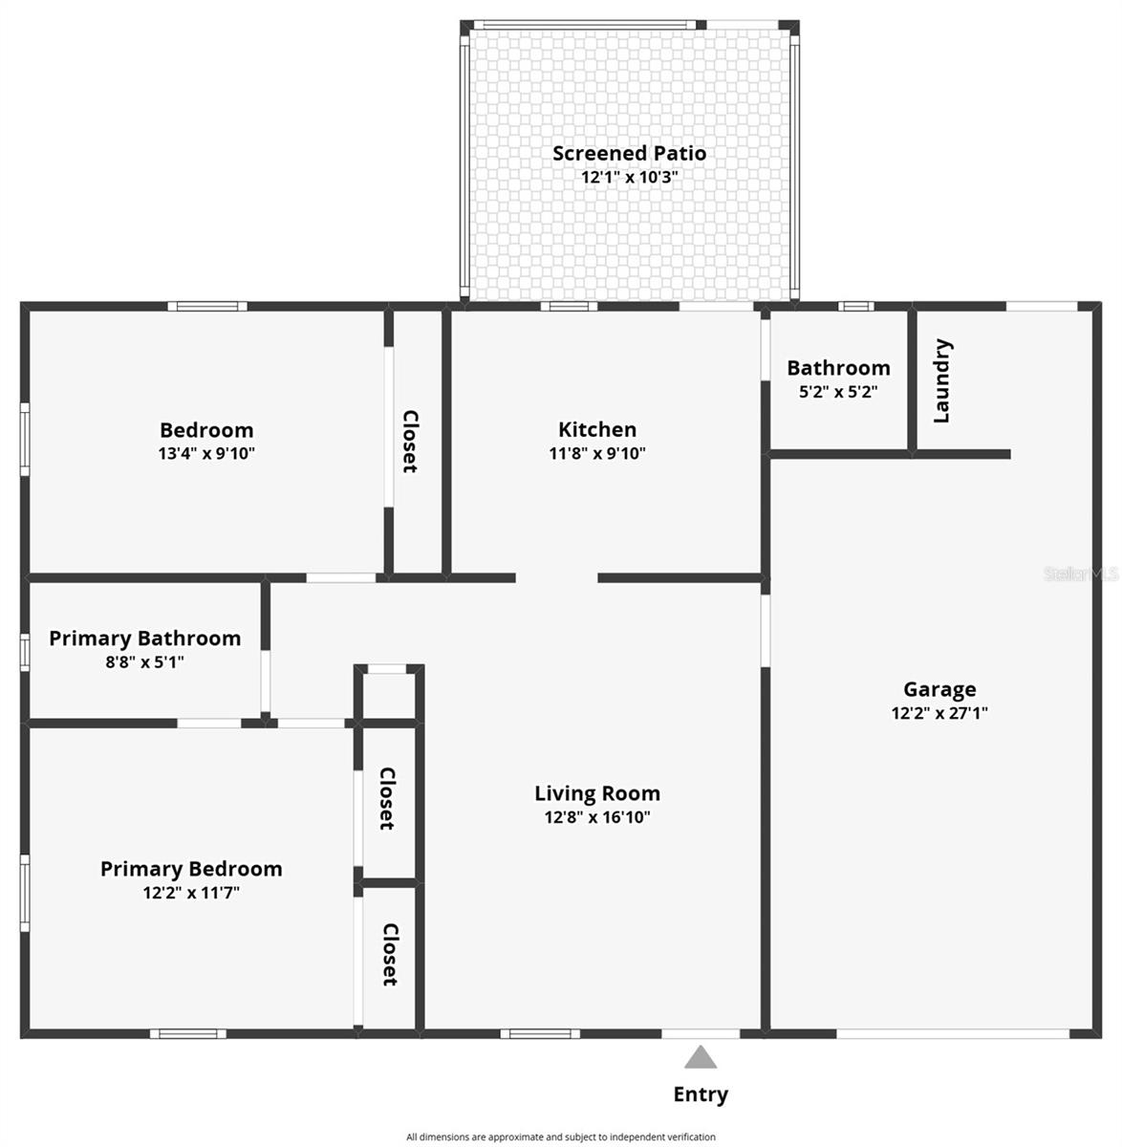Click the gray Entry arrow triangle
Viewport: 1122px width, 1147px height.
coord(701,1057)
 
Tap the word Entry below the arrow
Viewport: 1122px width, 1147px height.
coord(701,1094)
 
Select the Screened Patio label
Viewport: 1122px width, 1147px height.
coord(629,153)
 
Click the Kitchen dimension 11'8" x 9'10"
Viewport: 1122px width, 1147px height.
coord(597,453)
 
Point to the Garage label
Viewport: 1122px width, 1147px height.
coord(939,689)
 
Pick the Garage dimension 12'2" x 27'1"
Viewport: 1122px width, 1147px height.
coord(939,712)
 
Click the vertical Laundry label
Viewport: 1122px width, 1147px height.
coord(941,380)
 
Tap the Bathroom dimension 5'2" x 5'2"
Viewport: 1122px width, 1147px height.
coord(838,391)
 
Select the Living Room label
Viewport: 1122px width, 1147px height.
coord(597,793)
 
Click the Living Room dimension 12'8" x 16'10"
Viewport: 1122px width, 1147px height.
coord(597,817)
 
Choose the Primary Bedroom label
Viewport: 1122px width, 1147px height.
coord(191,869)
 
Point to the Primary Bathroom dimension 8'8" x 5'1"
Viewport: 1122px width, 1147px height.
coord(145,661)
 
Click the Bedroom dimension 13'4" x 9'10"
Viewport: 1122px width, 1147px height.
coord(206,453)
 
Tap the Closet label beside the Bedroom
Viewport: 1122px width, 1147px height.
coord(410,442)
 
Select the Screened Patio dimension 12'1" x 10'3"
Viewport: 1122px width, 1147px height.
coord(629,177)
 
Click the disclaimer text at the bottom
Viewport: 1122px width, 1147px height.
coord(561,1137)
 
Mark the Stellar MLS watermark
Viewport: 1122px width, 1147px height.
coord(1080,574)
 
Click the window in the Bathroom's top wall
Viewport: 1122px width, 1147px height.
coord(856,307)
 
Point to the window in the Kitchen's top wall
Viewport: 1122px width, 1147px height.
coord(569,307)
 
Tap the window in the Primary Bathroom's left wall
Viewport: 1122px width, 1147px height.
coord(25,652)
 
